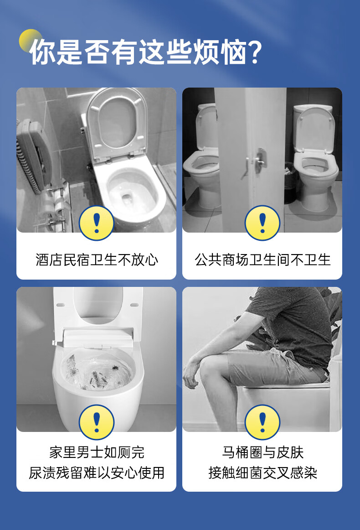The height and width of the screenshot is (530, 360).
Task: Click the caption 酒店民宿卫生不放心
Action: [x=97, y=260]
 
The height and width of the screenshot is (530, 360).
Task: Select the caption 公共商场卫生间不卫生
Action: [x=262, y=260]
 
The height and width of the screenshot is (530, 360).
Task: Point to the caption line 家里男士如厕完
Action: [x=97, y=452]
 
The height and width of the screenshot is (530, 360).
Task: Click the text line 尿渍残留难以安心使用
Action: [x=97, y=473]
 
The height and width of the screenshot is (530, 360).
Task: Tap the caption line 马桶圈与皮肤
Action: [x=262, y=452]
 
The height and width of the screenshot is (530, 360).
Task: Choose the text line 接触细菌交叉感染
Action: [x=262, y=473]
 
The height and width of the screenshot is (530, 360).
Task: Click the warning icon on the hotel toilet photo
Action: [x=96, y=223]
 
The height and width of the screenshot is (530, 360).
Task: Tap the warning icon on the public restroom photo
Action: [x=262, y=223]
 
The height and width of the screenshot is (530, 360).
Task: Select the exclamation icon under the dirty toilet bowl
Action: [x=96, y=422]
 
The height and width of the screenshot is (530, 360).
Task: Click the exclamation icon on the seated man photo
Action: [x=262, y=422]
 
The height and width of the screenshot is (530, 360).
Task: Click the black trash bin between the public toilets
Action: [x=289, y=182]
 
